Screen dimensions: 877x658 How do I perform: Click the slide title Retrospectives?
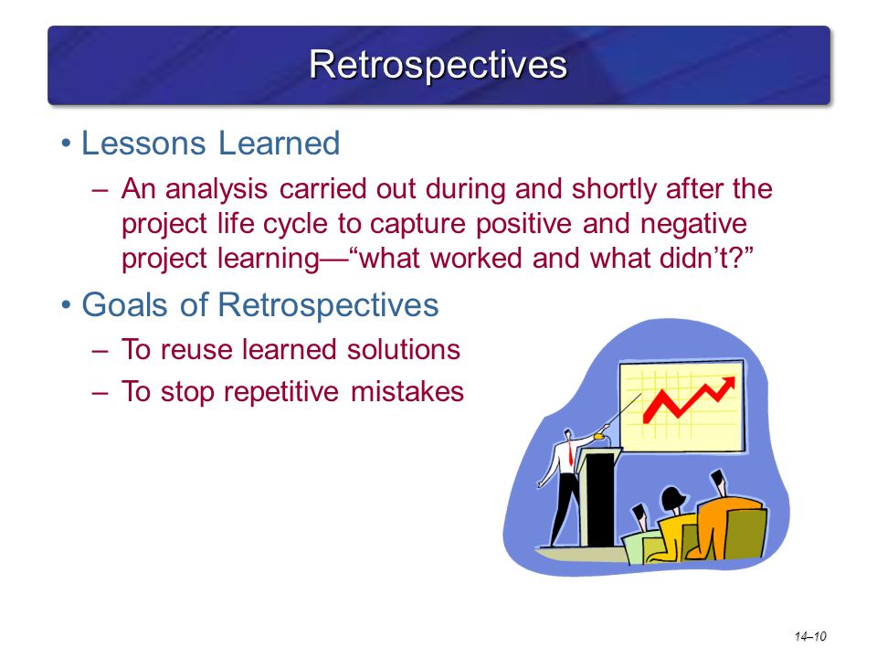(438, 66)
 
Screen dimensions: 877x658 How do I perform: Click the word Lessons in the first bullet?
(143, 143)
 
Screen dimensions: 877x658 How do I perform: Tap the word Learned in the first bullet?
(280, 143)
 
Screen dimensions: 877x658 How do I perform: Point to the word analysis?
(217, 189)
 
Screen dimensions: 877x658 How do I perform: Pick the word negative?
(693, 224)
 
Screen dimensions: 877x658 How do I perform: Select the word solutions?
(403, 349)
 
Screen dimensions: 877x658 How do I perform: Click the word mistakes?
(407, 391)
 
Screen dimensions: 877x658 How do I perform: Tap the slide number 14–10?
(810, 636)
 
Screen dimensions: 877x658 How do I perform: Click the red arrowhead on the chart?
(727, 386)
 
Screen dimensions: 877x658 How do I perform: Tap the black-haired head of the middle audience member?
(673, 498)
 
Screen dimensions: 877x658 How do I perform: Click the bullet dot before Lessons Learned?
(67, 143)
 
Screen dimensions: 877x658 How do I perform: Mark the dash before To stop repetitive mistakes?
(100, 392)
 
